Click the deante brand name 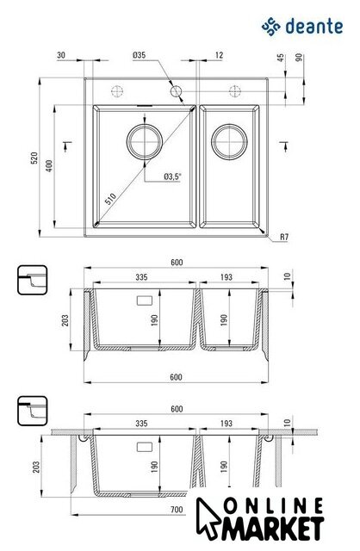[314, 27]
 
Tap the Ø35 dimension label [140, 55]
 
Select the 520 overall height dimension [34, 158]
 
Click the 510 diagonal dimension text [110, 199]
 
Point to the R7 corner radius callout [284, 238]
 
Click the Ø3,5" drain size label [172, 176]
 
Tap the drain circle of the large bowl [145, 141]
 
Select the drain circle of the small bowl [229, 141]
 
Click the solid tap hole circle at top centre [176, 91]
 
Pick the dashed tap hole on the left [117, 91]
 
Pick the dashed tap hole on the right [235, 91]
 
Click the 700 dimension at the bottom [177, 509]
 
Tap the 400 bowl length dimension [49, 166]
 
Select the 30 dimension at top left [61, 55]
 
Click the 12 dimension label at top [219, 55]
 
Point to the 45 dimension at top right [281, 58]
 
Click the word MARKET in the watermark [272, 528]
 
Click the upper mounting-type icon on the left [33, 280]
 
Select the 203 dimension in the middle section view [65, 320]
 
